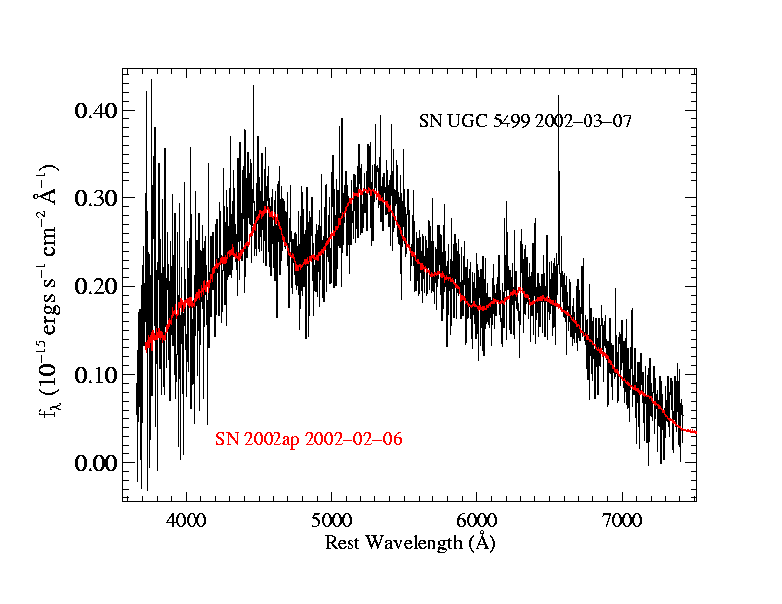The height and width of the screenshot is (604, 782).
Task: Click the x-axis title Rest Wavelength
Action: tap(410, 542)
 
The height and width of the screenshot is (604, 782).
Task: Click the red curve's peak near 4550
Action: tap(265, 209)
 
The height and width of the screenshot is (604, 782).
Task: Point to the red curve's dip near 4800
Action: tap(299, 266)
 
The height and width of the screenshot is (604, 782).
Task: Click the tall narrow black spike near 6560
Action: tap(558, 99)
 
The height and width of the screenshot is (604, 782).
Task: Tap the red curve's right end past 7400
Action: tap(694, 432)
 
